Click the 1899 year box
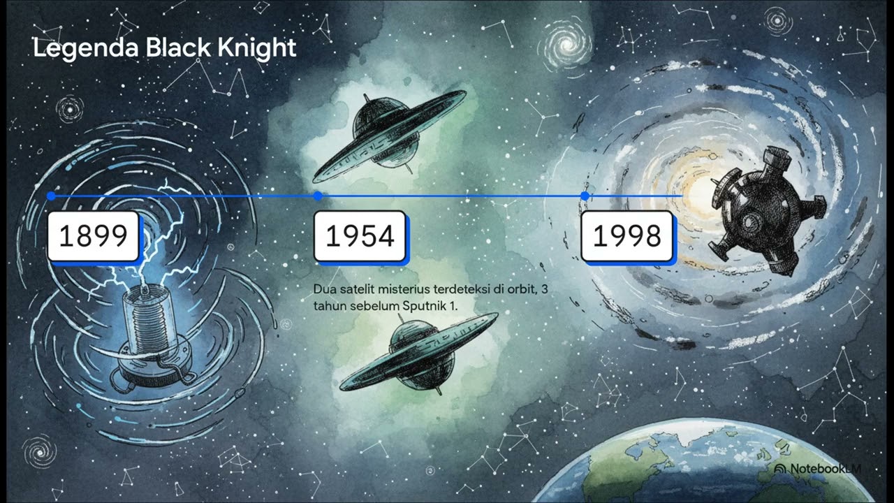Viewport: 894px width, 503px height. point(94,236)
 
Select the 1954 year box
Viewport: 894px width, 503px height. point(360,236)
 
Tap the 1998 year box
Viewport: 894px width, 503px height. point(627,236)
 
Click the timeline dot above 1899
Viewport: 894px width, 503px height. point(51,196)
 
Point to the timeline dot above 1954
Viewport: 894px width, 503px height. point(318,196)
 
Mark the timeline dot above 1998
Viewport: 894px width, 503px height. point(585,196)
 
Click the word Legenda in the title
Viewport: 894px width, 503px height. point(86,48)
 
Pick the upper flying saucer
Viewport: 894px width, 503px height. point(389,136)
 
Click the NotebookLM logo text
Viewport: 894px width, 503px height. point(818,469)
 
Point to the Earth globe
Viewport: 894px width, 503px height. point(715,463)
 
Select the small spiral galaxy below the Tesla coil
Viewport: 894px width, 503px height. point(40,453)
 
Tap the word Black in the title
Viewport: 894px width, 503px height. point(178,48)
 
